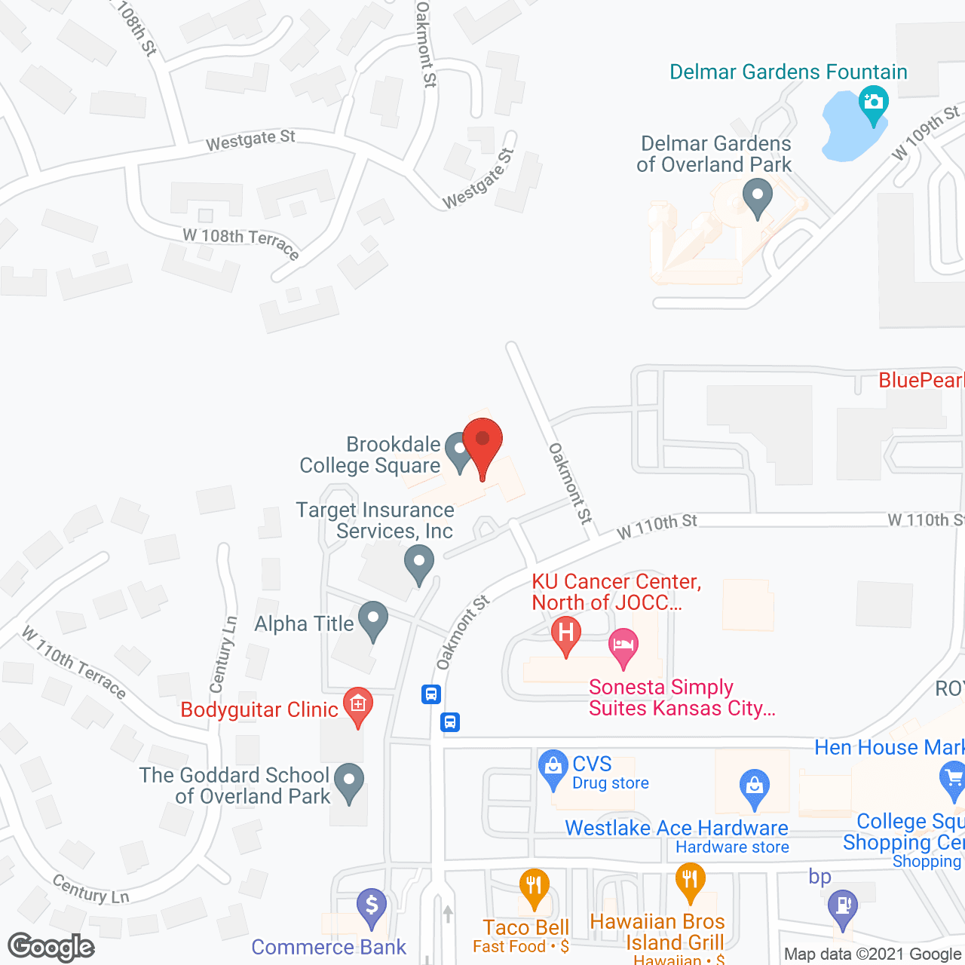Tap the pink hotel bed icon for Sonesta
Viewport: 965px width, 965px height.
tap(623, 646)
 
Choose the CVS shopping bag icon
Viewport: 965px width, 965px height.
tap(553, 767)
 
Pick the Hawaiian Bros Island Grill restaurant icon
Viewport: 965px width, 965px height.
tap(690, 880)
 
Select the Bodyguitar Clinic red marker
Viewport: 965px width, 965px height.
tap(357, 706)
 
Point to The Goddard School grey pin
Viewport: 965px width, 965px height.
tap(348, 782)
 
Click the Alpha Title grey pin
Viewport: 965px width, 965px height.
tap(372, 620)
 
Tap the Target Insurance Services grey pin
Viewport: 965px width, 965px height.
tap(419, 562)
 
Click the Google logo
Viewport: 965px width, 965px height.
tap(51, 947)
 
